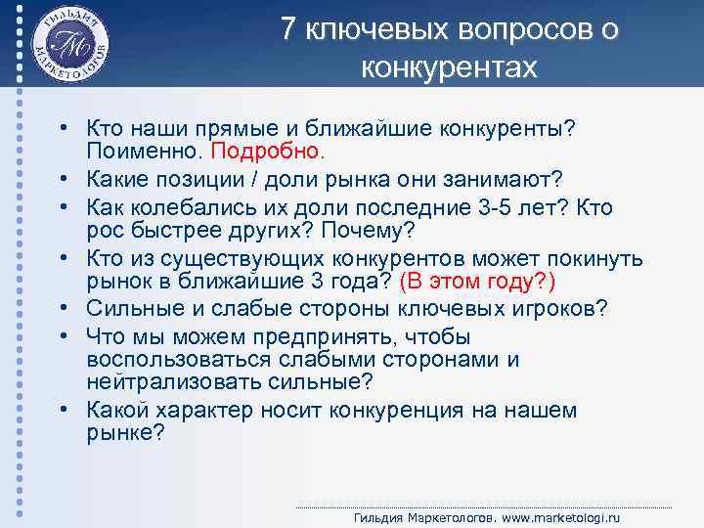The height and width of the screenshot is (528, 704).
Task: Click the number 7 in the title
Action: coord(288,30)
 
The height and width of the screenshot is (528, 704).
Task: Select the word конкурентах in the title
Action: coord(449,67)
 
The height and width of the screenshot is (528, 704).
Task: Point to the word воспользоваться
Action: coord(171,359)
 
